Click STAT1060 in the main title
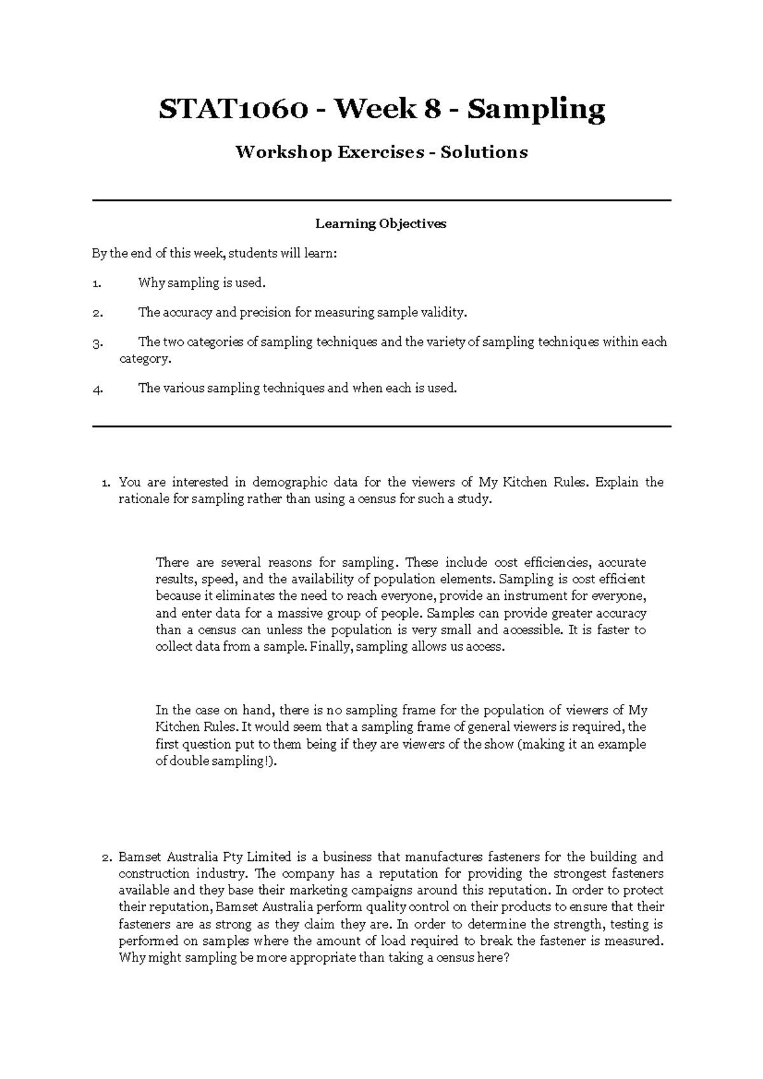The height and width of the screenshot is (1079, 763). [x=233, y=110]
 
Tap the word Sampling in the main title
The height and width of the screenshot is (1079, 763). [x=536, y=110]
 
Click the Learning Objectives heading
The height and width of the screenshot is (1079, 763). [x=381, y=224]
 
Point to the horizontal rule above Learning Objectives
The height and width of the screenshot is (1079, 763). [x=381, y=200]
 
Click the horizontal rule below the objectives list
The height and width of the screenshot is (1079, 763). [x=381, y=426]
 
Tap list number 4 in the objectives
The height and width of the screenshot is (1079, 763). [x=97, y=390]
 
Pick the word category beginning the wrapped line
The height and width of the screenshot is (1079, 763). [x=145, y=359]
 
